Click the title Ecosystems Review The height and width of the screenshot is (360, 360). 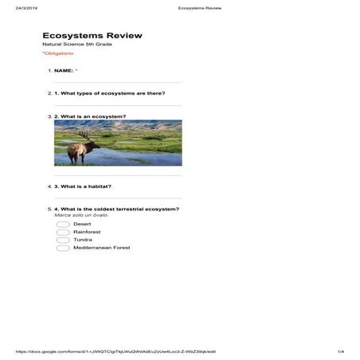92,35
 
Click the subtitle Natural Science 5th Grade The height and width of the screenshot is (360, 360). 77,44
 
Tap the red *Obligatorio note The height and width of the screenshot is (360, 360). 57,53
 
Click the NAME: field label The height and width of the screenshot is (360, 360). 64,70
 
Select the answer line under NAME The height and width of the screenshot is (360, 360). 117,82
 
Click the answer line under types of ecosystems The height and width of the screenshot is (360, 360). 117,105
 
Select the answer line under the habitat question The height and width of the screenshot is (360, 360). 117,198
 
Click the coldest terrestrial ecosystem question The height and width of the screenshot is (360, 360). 116,209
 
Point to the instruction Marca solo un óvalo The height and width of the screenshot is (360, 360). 80,215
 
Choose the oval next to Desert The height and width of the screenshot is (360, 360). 63,224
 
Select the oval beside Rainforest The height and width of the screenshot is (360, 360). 63,232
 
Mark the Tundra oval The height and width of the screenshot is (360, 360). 63,240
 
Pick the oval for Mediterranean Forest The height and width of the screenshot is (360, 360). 63,248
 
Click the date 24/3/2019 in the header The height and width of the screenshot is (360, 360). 27,7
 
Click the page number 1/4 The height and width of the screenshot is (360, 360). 340,351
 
